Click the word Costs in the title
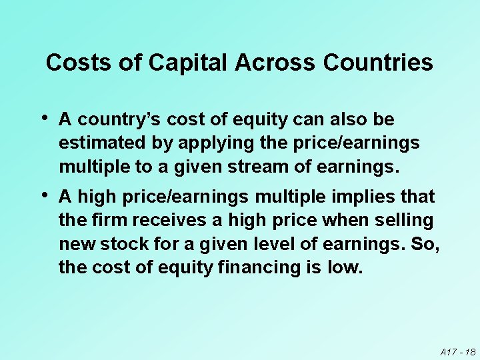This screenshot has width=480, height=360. point(73,63)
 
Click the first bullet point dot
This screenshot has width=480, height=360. point(44,118)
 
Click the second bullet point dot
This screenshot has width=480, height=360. point(44,195)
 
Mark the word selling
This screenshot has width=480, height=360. point(403,220)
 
